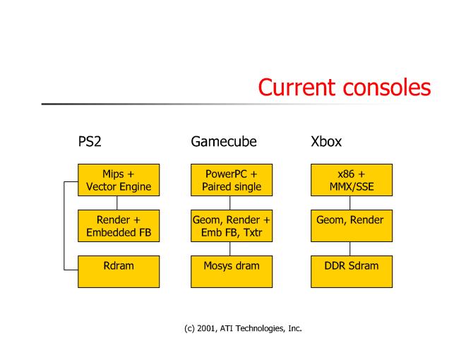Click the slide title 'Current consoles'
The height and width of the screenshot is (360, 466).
click(344, 87)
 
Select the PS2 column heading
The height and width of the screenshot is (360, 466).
click(90, 141)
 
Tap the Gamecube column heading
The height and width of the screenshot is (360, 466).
click(224, 141)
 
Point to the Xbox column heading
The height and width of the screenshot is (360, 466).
click(326, 141)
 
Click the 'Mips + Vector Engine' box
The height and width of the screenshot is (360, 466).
click(118, 180)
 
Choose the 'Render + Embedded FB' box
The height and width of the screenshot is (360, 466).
click(118, 226)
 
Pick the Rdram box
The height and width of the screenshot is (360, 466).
click(118, 272)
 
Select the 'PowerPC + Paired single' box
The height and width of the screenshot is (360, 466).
click(232, 180)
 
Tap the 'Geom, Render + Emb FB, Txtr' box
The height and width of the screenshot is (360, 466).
click(232, 226)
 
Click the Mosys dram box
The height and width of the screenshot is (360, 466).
click(232, 272)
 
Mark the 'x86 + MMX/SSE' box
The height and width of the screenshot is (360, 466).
click(351, 180)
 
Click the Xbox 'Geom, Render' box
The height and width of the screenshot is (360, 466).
click(351, 226)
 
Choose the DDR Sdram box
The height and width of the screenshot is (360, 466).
click(351, 272)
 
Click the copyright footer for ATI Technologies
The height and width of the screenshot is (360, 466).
click(232, 328)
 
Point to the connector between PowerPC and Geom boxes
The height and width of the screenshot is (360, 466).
click(230, 203)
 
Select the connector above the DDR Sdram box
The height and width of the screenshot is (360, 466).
click(350, 249)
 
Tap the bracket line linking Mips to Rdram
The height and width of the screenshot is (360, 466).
click(65, 226)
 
